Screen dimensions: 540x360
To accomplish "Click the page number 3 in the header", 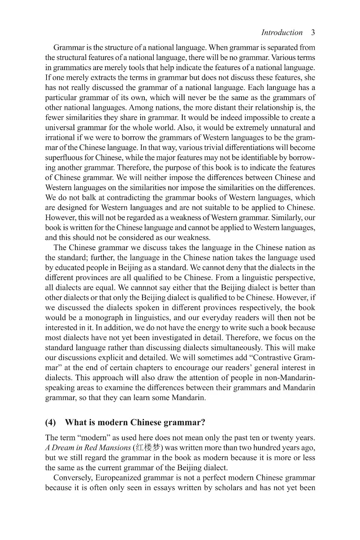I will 313,33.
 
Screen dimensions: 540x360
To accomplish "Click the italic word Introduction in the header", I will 282,33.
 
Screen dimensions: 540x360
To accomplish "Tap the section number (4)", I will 51,422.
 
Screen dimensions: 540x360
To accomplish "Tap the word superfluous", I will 63,157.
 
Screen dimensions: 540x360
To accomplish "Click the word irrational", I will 60,138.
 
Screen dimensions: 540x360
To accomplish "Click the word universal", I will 60,127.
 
